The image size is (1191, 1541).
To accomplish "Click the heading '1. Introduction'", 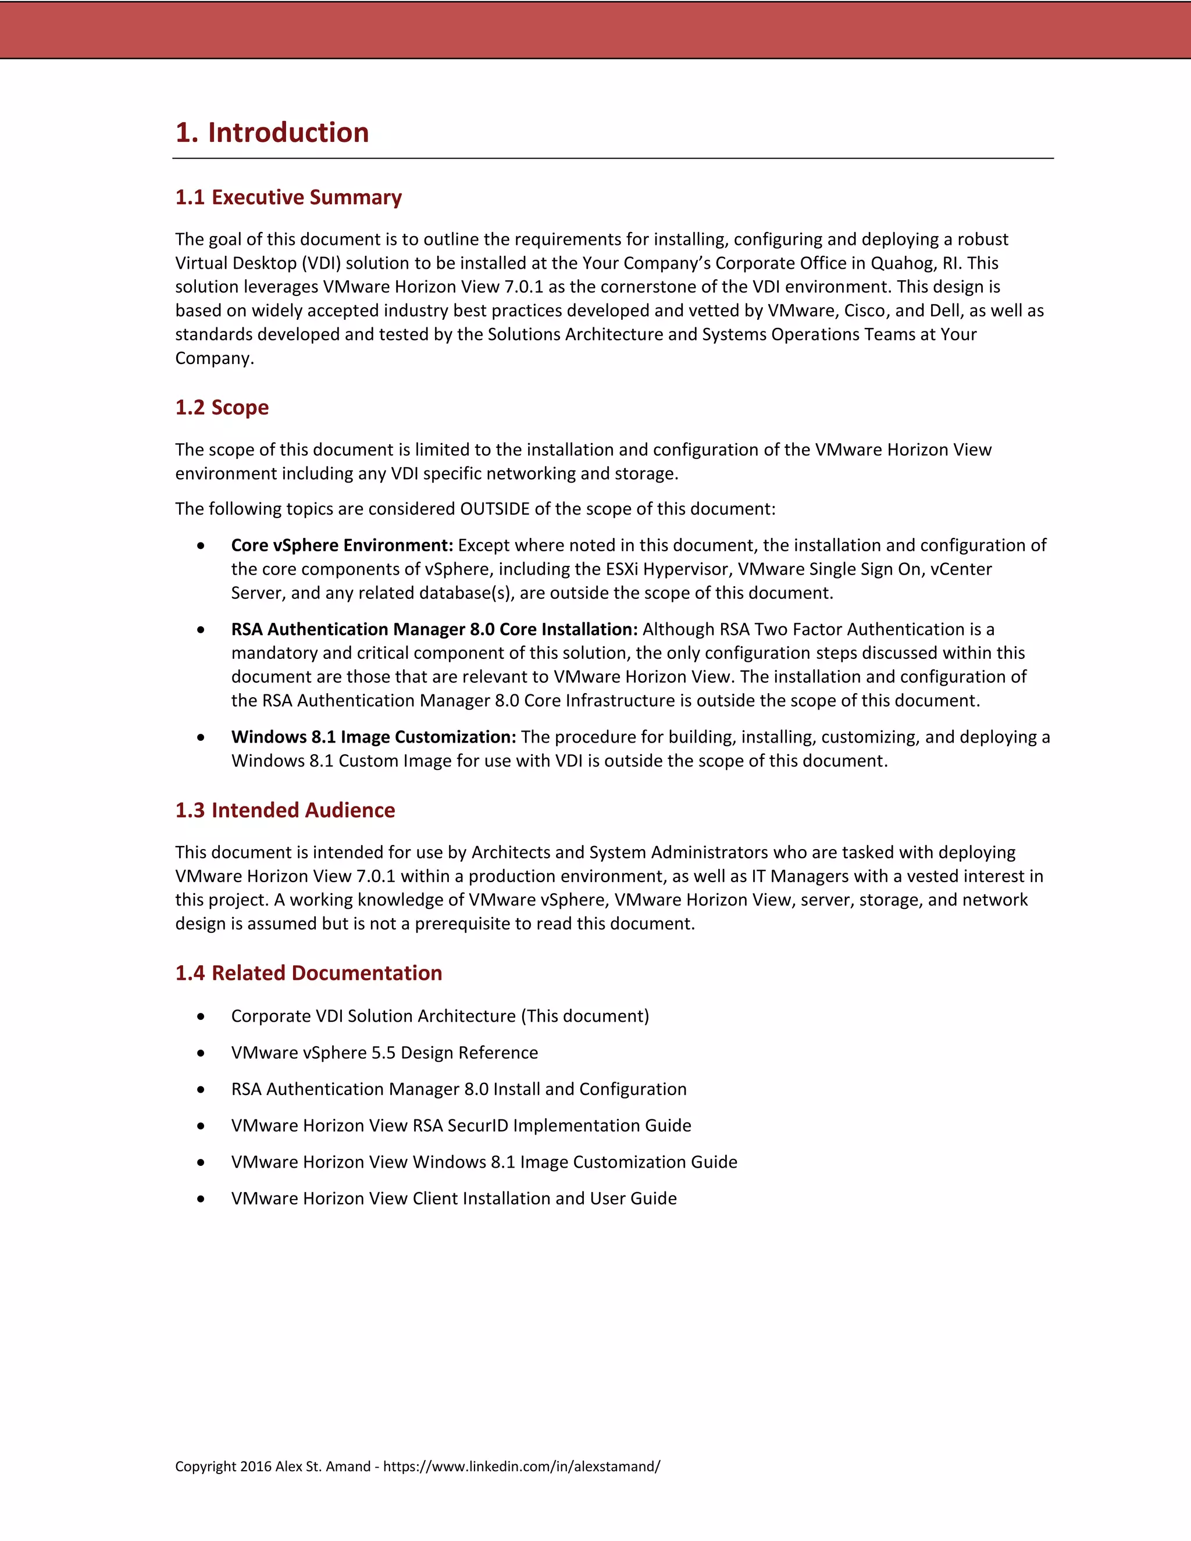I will coord(272,133).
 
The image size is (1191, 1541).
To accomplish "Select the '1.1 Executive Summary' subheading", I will coord(288,197).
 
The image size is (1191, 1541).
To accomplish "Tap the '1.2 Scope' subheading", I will coord(222,407).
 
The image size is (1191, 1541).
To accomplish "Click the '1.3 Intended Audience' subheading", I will coord(284,810).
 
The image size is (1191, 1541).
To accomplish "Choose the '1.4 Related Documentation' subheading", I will coord(308,973).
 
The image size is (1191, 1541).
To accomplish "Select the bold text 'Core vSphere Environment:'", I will coord(341,545).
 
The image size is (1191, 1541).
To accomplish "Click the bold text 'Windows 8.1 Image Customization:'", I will coord(373,737).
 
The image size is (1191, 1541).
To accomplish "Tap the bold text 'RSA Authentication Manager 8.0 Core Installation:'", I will coord(434,629).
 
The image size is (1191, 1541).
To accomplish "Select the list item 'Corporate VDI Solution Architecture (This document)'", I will coord(440,1016).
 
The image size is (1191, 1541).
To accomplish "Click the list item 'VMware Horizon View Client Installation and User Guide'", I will coord(454,1199).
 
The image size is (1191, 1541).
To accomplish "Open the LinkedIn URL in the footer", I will coord(522,1466).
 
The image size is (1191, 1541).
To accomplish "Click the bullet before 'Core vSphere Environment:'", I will coord(201,545).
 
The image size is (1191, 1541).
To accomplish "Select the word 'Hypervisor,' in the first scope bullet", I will coord(687,569).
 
